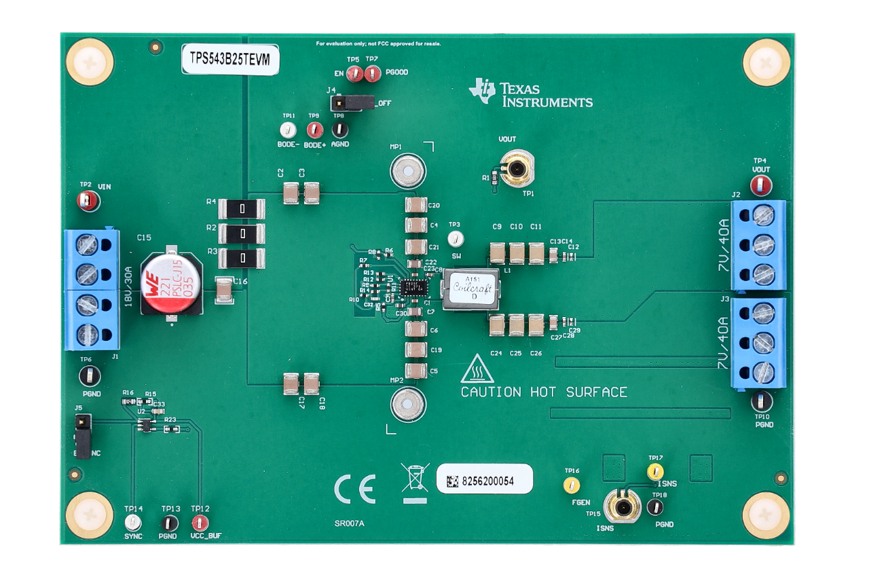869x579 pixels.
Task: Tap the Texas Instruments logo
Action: click(x=530, y=94)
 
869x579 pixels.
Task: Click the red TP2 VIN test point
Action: click(x=88, y=200)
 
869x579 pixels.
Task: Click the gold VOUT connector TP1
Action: click(x=517, y=167)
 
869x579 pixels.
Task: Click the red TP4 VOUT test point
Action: click(x=760, y=185)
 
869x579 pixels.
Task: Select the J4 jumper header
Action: click(x=351, y=103)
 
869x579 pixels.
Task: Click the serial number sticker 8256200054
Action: click(x=483, y=481)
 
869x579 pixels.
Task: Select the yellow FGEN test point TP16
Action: click(x=572, y=485)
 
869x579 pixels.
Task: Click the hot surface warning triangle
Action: click(x=477, y=369)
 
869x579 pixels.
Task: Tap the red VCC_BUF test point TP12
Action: click(x=199, y=523)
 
